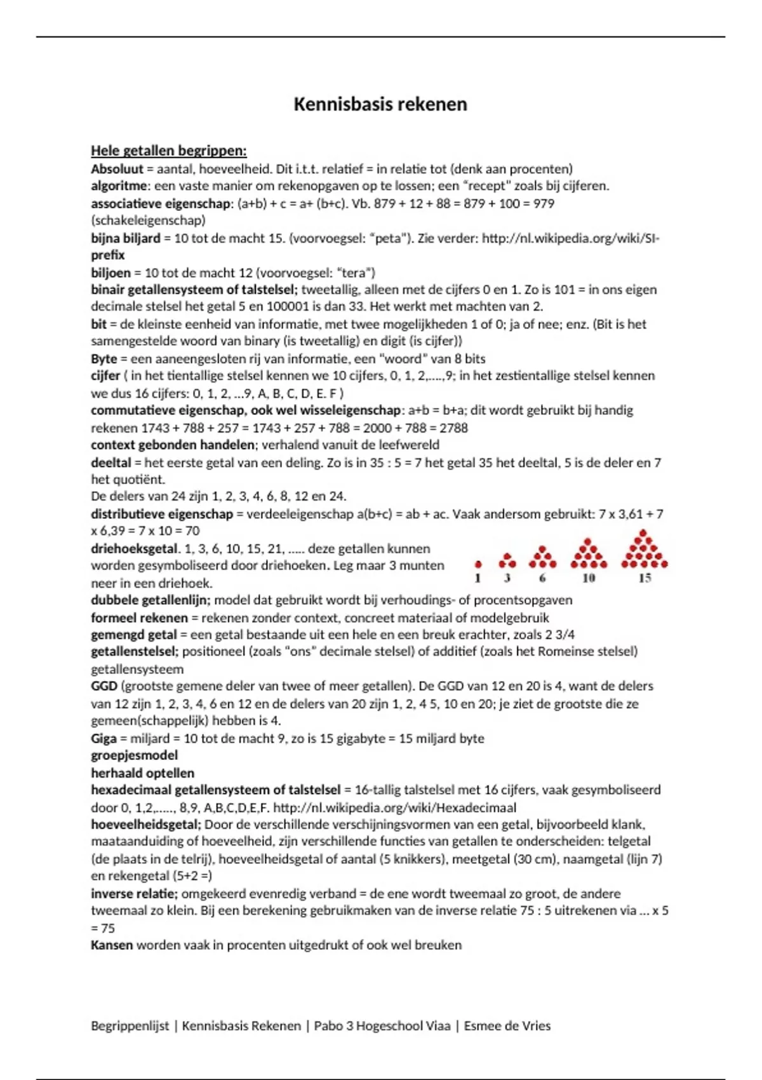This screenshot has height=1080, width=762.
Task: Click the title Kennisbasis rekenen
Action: pyautogui.click(x=380, y=104)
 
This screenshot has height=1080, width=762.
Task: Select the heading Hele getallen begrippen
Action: pyautogui.click(x=168, y=151)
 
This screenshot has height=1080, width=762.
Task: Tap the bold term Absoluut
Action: pyautogui.click(x=117, y=169)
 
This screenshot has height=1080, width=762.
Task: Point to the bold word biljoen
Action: pyautogui.click(x=110, y=273)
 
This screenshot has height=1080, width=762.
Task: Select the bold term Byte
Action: pyautogui.click(x=104, y=359)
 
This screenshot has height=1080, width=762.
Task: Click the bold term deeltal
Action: pyautogui.click(x=110, y=462)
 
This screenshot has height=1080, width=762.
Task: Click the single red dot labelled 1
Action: pyautogui.click(x=478, y=564)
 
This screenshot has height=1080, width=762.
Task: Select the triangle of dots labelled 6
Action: pyautogui.click(x=542, y=557)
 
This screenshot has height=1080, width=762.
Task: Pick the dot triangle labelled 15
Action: pyautogui.click(x=645, y=550)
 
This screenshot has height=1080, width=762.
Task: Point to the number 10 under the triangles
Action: pyautogui.click(x=589, y=578)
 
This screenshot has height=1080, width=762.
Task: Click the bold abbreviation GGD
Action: pyautogui.click(x=104, y=686)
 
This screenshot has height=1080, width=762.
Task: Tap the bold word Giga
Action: pyautogui.click(x=104, y=738)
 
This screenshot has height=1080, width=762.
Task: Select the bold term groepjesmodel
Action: pyautogui.click(x=134, y=755)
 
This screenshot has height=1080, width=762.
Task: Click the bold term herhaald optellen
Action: pyautogui.click(x=142, y=773)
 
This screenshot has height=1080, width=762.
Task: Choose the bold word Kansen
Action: pyautogui.click(x=112, y=945)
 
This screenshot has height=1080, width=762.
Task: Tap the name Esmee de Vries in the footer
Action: pyautogui.click(x=507, y=1025)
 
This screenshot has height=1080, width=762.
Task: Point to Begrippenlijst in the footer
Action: pyautogui.click(x=130, y=1025)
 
